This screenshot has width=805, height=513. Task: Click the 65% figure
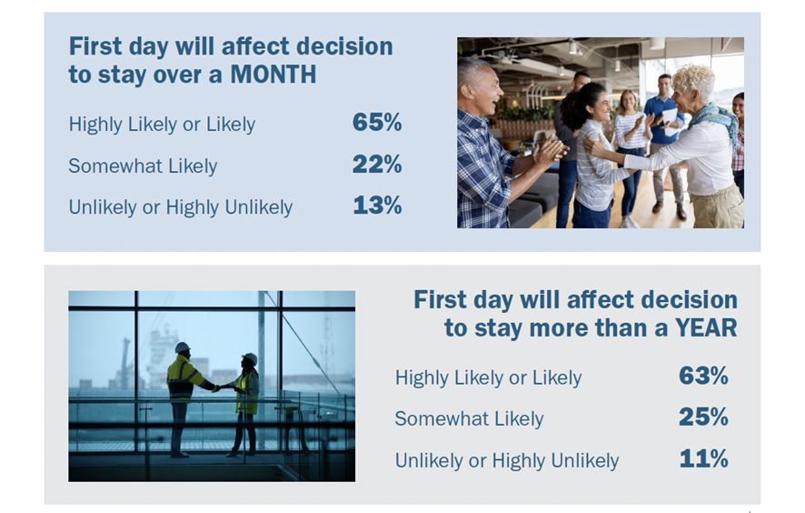(x=377, y=123)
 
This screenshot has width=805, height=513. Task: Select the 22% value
(x=377, y=165)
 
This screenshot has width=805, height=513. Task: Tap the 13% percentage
(x=377, y=206)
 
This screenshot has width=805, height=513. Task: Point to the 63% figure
(x=703, y=376)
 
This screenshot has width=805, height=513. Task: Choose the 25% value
(x=703, y=417)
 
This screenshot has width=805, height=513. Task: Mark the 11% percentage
(x=704, y=458)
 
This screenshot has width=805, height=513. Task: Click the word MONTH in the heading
(x=273, y=75)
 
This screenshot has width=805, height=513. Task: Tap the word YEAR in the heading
(x=706, y=328)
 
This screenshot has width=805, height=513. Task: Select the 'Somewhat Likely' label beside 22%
(x=143, y=166)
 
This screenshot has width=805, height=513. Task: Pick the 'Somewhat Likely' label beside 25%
(x=469, y=419)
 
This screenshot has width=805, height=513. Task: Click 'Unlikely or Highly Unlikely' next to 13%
(x=181, y=207)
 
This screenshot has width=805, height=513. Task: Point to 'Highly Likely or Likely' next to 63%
(x=488, y=377)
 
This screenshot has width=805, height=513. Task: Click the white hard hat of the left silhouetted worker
(x=183, y=348)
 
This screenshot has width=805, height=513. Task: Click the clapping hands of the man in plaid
(x=551, y=152)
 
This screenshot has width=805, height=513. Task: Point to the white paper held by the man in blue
(x=670, y=121)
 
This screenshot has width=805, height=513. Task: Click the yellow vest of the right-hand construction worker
(x=247, y=393)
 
